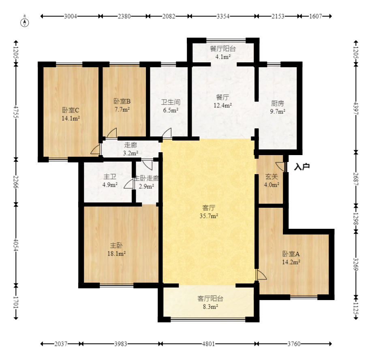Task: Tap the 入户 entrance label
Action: [x=302, y=167]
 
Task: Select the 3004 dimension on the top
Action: [x=71, y=16]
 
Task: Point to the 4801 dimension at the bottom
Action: [x=208, y=344]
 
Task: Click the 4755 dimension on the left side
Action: [x=16, y=112]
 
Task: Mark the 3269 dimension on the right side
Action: [x=356, y=264]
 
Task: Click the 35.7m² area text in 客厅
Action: [x=209, y=216]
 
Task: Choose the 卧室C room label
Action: [x=71, y=110]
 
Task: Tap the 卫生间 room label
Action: [x=171, y=102]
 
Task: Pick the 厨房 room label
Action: [x=278, y=103]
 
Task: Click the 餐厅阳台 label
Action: [x=223, y=49]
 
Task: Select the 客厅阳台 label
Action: [x=210, y=298]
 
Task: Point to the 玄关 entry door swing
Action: [x=281, y=166]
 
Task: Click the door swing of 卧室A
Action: [x=261, y=275]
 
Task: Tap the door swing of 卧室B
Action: [x=111, y=133]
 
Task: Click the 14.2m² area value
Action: [x=291, y=262]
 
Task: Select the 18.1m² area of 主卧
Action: [x=116, y=253]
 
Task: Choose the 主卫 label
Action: [x=110, y=177]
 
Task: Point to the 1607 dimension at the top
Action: [x=316, y=16]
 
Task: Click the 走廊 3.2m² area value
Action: [x=130, y=153]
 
